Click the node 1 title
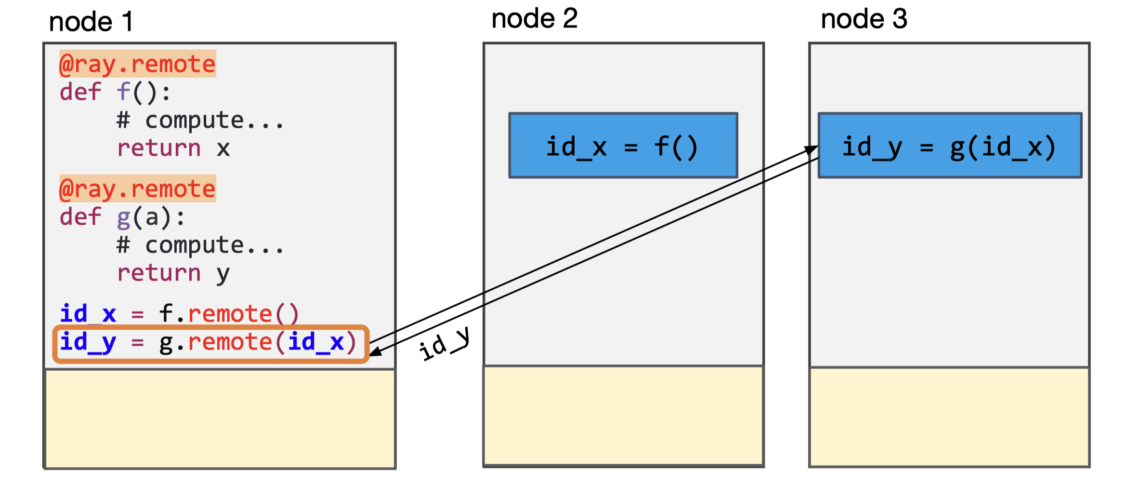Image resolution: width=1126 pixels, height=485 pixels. click(91, 22)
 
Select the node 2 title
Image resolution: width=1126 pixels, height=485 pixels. click(534, 19)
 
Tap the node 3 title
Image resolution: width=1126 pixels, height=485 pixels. click(864, 19)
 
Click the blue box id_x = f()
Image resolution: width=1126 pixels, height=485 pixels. click(623, 146)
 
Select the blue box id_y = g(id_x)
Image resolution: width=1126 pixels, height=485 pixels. click(949, 146)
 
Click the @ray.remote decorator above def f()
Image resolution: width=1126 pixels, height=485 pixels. click(137, 64)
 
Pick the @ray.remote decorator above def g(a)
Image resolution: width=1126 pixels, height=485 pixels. click(137, 189)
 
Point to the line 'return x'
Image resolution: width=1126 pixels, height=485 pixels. click(173, 148)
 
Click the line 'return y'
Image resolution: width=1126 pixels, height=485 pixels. click(173, 273)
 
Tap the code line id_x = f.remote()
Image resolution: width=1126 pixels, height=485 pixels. click(179, 314)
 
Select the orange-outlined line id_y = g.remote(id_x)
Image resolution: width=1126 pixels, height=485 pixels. click(210, 343)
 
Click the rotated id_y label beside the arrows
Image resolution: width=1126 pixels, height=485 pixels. click(444, 344)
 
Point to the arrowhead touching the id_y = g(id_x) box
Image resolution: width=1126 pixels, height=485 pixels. click(812, 150)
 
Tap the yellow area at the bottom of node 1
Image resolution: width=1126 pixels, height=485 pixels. click(220, 418)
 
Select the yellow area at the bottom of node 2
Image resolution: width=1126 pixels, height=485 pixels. click(623, 416)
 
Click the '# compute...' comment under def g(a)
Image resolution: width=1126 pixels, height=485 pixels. click(200, 245)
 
